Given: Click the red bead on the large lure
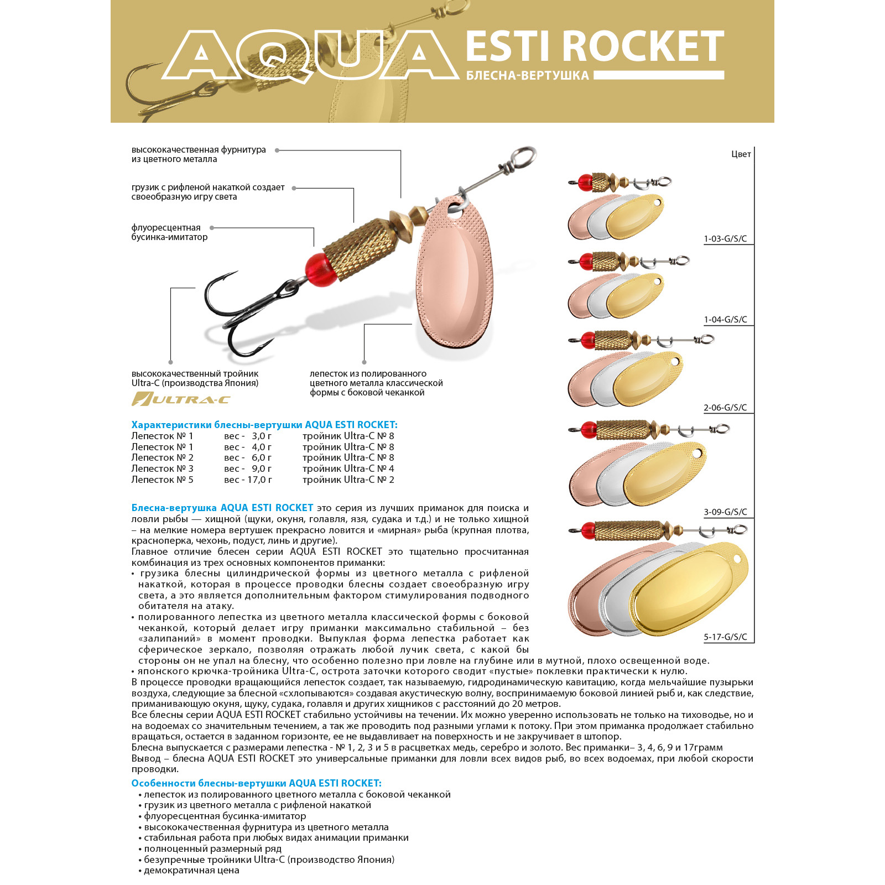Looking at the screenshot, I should pos(321,269).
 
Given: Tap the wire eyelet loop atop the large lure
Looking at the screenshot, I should pos(523,158).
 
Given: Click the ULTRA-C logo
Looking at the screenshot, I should pos(181,399).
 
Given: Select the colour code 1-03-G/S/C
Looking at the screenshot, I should pos(725,239).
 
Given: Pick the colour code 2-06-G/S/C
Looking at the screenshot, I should pos(725,408).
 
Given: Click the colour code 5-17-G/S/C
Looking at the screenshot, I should pos(725,637).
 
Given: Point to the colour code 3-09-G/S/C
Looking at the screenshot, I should pos(725,512).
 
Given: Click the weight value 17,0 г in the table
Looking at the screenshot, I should pos(259,480).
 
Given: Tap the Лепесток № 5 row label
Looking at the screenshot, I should pos(162,480).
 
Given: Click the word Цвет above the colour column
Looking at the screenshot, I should pos(741,154).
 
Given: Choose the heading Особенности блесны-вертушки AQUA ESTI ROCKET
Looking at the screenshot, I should pos(256,783).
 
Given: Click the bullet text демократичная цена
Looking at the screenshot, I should pos(191,871).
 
